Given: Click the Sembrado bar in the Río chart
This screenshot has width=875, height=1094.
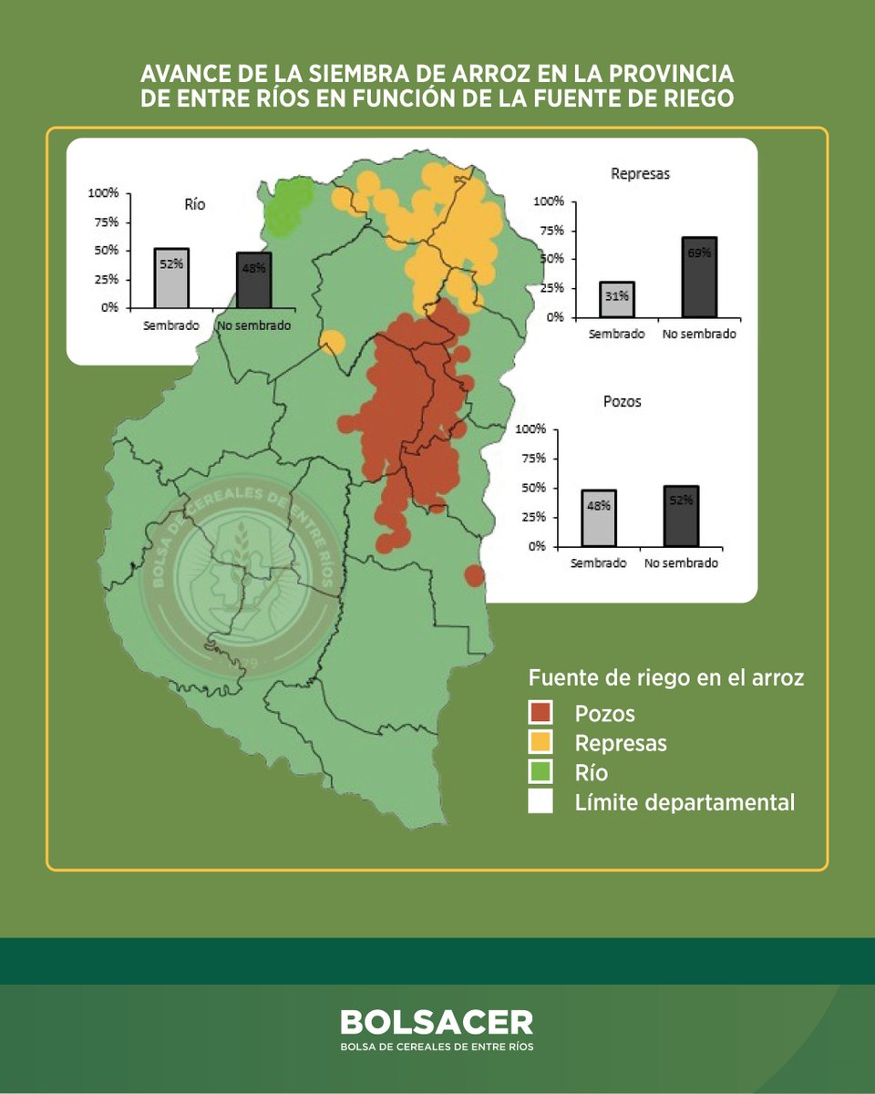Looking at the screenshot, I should pos(171,278).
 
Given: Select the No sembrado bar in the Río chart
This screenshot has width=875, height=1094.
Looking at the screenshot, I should pos(253,280).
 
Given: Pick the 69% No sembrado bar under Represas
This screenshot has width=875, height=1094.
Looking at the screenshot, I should pos(699,277).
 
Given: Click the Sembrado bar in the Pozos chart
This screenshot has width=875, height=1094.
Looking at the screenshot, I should pos(599,518).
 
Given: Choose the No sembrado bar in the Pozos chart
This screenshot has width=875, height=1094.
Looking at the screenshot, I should pos(681,516).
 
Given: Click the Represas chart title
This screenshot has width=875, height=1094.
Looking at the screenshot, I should pos(640,173).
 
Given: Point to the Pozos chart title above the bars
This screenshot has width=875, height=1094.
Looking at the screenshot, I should pos(623,401).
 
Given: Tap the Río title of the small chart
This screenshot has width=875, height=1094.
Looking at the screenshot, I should pos(195,205).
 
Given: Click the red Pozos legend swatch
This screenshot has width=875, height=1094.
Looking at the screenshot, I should pos(540,712).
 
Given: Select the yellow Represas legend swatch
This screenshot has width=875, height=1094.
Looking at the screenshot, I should pos(540,742).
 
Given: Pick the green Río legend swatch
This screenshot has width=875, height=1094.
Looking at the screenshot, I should pos(540,772).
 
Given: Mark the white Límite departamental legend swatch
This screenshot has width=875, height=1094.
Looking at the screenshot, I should pos(540,802).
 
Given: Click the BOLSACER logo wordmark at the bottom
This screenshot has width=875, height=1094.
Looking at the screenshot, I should pos(437,1022).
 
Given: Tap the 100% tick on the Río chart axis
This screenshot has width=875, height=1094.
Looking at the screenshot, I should pos(103,193).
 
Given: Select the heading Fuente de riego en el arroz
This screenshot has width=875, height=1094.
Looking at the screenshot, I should pos(665,678).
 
